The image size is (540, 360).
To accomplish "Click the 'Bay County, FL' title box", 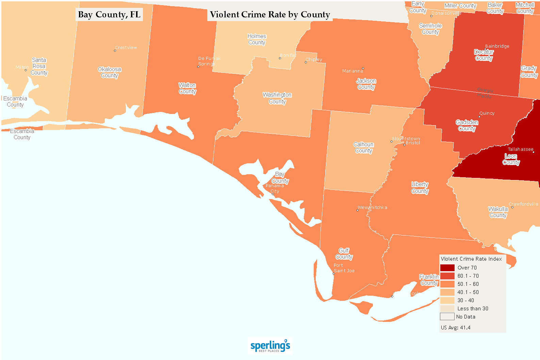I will pyautogui.click(x=109, y=15).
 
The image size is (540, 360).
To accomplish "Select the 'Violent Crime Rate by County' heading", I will pyautogui.click(x=269, y=15).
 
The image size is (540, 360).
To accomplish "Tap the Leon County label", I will pyautogui.click(x=511, y=159).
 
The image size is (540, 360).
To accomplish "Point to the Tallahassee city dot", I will pyautogui.click(x=533, y=152).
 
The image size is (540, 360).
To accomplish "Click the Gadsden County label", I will pyautogui.click(x=467, y=125).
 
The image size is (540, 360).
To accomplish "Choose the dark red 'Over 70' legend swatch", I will pyautogui.click(x=447, y=268).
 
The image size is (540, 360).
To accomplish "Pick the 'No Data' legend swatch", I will pyautogui.click(x=447, y=317).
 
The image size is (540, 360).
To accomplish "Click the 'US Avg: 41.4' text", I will pyautogui.click(x=456, y=328).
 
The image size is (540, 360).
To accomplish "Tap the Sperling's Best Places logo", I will pyautogui.click(x=270, y=346).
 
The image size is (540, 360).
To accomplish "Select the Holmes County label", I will pyautogui.click(x=257, y=39).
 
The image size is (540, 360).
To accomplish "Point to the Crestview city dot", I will pyautogui.click(x=115, y=51).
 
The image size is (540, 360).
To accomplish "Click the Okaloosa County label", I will pyautogui.click(x=110, y=72).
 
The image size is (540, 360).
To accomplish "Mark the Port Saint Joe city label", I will pyautogui.click(x=344, y=268).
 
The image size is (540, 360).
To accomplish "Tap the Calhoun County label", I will pyautogui.click(x=363, y=147).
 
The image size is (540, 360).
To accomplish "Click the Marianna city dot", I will pyautogui.click(x=363, y=68).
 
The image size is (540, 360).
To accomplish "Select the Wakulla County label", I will pyautogui.click(x=498, y=212).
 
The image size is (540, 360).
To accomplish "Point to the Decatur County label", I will pyautogui.click(x=484, y=55).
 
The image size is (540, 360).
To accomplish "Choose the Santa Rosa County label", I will pyautogui.click(x=39, y=66).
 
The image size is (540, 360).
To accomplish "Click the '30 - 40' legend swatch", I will pyautogui.click(x=447, y=300).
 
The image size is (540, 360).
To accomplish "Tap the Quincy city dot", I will pyautogui.click(x=479, y=117).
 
